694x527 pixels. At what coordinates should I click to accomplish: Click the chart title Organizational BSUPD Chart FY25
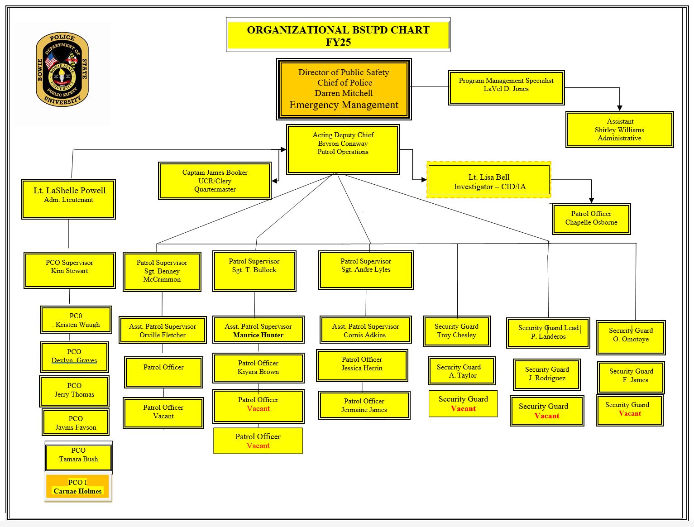pyautogui.click(x=338, y=35)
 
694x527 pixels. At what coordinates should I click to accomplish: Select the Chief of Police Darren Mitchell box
pyautogui.click(x=344, y=89)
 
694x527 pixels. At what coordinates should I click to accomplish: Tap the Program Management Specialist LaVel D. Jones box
pyautogui.click(x=506, y=87)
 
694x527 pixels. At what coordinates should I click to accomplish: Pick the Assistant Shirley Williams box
pyautogui.click(x=619, y=129)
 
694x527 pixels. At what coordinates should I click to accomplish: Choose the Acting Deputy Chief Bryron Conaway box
pyautogui.click(x=343, y=149)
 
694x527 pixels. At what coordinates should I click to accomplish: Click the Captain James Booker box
pyautogui.click(x=215, y=181)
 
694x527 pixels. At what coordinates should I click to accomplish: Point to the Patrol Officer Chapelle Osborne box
pyautogui.click(x=591, y=219)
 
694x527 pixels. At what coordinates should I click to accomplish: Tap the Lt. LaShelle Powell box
pyautogui.click(x=68, y=199)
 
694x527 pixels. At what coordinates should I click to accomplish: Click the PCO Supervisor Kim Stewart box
pyautogui.click(x=69, y=270)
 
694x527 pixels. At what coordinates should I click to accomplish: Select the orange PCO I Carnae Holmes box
pyautogui.click(x=78, y=487)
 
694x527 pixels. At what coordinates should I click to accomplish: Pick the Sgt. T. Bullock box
pyautogui.click(x=254, y=271)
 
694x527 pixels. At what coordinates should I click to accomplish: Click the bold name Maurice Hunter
pyautogui.click(x=258, y=335)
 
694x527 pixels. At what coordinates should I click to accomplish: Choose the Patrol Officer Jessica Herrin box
pyautogui.click(x=362, y=365)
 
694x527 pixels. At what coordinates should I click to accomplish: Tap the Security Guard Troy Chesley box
pyautogui.click(x=456, y=331)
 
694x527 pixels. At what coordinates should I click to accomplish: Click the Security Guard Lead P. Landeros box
pyautogui.click(x=548, y=333)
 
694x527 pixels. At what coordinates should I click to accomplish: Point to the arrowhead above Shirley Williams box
pyautogui.click(x=619, y=108)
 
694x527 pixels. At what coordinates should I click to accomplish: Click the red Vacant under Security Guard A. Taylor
pyautogui.click(x=463, y=409)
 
